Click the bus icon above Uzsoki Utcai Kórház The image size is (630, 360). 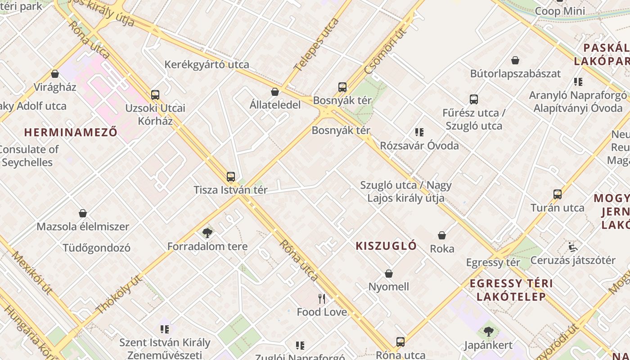tap(155, 95)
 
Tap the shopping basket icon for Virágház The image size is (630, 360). tap(55, 74)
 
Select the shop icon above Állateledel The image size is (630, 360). tap(275, 92)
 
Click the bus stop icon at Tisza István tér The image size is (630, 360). tap(231, 177)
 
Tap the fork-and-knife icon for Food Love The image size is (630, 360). tap(322, 299)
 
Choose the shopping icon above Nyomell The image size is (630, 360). tap(389, 274)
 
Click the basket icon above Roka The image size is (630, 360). tap(442, 235)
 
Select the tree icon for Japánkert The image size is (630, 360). tap(488, 332)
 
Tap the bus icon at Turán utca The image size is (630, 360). tap(558, 194)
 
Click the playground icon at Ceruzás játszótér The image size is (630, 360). tap(572, 247)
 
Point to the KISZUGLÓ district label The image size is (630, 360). tap(386, 246)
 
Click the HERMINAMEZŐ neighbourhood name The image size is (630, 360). tap(71, 132)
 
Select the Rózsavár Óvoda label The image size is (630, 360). tap(419, 145)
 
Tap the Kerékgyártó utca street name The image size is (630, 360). tap(207, 64)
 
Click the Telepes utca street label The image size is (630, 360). tap(316, 45)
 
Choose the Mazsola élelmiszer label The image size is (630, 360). tap(83, 226)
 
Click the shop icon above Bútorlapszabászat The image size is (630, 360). tap(515, 60)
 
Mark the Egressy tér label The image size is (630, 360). tap(493, 262)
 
